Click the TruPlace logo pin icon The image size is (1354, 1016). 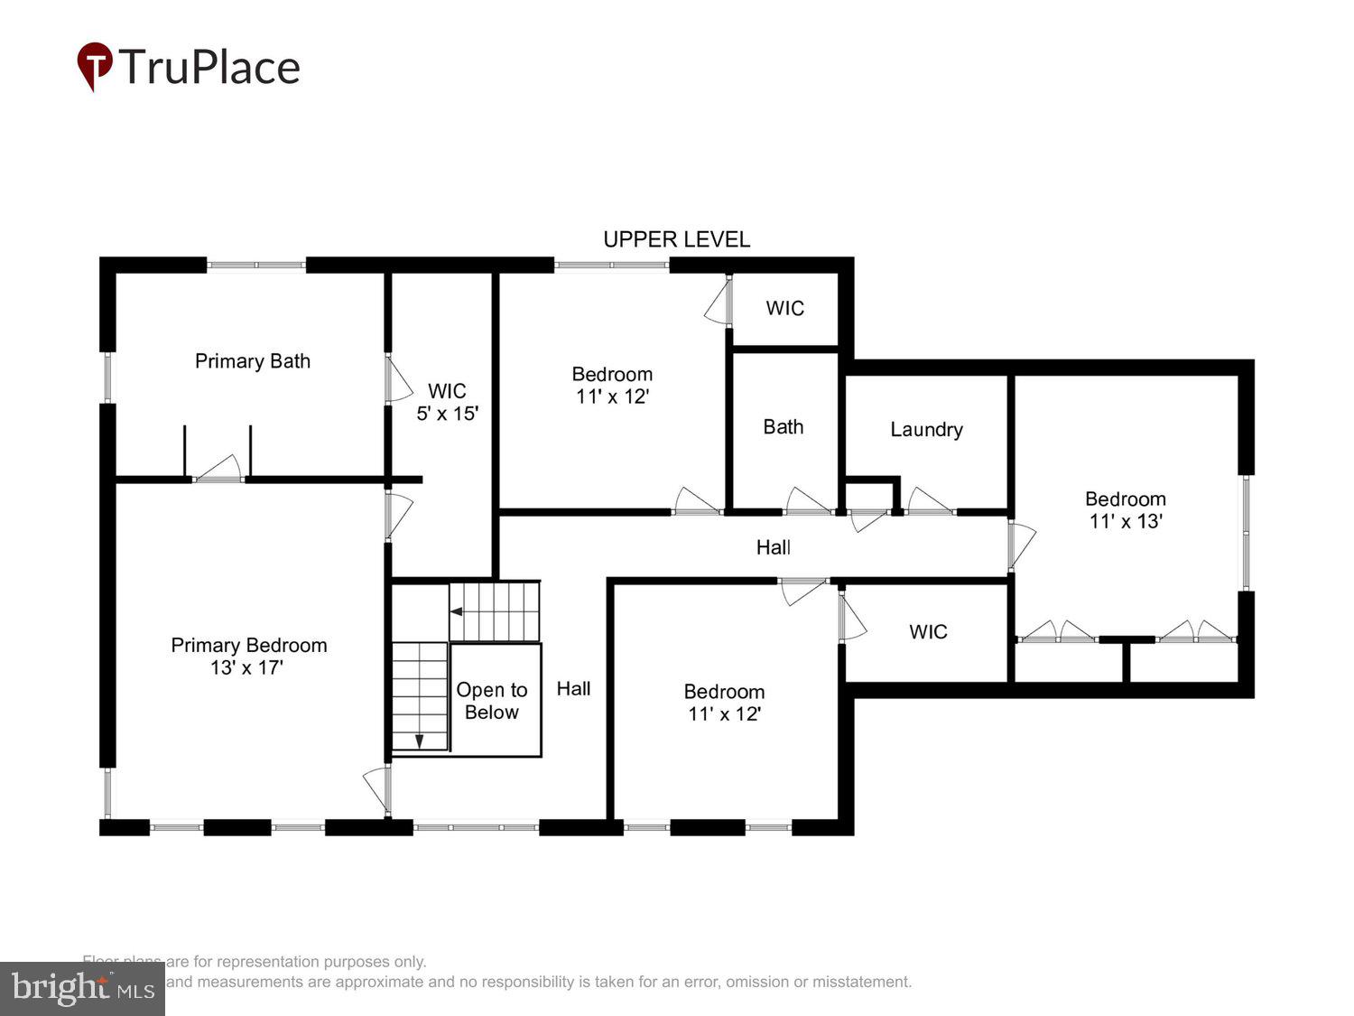click(94, 66)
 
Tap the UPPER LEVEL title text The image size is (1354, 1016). click(676, 239)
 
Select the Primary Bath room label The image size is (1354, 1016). click(253, 361)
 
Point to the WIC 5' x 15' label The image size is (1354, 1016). click(447, 403)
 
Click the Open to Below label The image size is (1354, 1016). click(492, 701)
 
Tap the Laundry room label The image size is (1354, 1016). click(926, 430)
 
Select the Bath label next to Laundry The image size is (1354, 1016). click(783, 427)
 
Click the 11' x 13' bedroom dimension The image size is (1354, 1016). click(1126, 521)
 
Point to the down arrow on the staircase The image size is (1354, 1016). click(420, 740)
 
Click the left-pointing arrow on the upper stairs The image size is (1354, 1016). click(457, 611)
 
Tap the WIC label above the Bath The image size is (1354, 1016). click(784, 309)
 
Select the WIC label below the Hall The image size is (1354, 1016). click(928, 632)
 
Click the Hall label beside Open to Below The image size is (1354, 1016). click(573, 689)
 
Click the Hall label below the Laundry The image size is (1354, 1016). click(774, 547)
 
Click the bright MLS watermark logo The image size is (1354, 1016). click(82, 989)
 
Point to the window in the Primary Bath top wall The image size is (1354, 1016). click(256, 265)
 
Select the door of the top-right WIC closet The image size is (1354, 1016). click(719, 300)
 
